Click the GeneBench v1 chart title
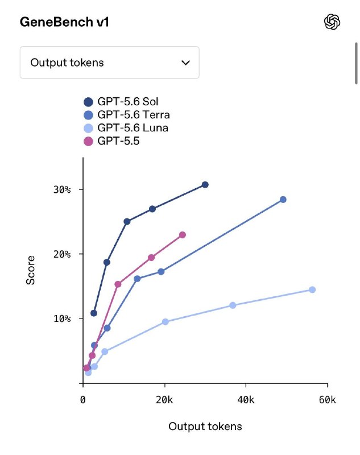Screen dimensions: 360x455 pos(64,22)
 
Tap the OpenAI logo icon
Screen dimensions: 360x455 pos(332,22)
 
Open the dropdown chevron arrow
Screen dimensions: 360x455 pos(185,63)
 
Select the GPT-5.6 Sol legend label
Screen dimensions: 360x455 pos(127,102)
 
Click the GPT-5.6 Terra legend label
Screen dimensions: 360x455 pos(134,115)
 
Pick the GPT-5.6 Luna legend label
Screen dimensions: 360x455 pos(133,127)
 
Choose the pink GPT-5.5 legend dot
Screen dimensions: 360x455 pos(88,141)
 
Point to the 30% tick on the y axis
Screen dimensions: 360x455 pos(62,189)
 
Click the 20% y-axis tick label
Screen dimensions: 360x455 pos(62,254)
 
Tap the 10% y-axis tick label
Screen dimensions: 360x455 pos(62,319)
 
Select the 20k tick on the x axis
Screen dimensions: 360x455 pos(164,400)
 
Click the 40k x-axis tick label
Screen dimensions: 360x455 pos(246,400)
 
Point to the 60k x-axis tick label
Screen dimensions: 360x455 pos(328,400)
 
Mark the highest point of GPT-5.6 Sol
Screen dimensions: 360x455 pos(205,184)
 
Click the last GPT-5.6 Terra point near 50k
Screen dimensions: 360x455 pos(283,200)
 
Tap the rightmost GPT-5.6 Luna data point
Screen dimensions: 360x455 pos(312,289)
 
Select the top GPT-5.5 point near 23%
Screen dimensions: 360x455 pos(183,235)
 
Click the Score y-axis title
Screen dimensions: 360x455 pos(31,270)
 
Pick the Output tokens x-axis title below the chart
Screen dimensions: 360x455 pos(205,426)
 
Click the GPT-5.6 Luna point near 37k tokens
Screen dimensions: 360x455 pos(233,305)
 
